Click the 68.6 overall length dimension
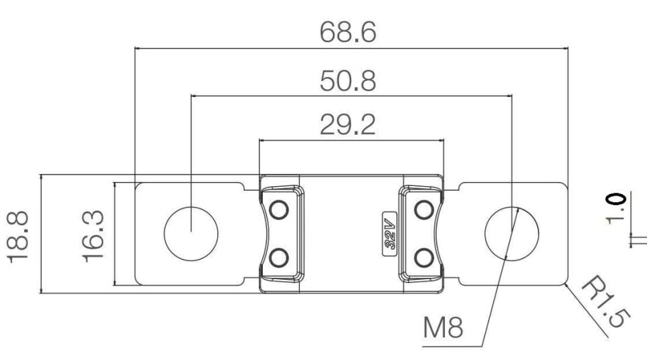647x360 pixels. [348, 32]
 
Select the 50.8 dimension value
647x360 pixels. [348, 81]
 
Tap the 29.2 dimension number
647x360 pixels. [348, 125]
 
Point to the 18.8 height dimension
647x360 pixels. [18, 237]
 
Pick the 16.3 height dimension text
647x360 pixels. [93, 236]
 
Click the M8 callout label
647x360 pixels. [443, 327]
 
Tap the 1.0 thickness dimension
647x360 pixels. [615, 208]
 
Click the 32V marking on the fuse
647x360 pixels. [390, 234]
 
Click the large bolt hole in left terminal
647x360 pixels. [191, 234]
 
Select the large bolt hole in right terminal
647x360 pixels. [512, 234]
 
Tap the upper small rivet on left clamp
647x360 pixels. [278, 210]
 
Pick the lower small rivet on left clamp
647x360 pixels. [278, 258]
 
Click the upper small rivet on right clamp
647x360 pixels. [424, 210]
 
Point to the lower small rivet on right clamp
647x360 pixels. [424, 258]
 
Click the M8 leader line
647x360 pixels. [500, 277]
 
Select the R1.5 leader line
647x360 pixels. [587, 310]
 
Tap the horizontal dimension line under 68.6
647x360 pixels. [352, 49]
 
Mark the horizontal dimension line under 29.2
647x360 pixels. [352, 140]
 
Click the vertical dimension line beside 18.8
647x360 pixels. [41, 234]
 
